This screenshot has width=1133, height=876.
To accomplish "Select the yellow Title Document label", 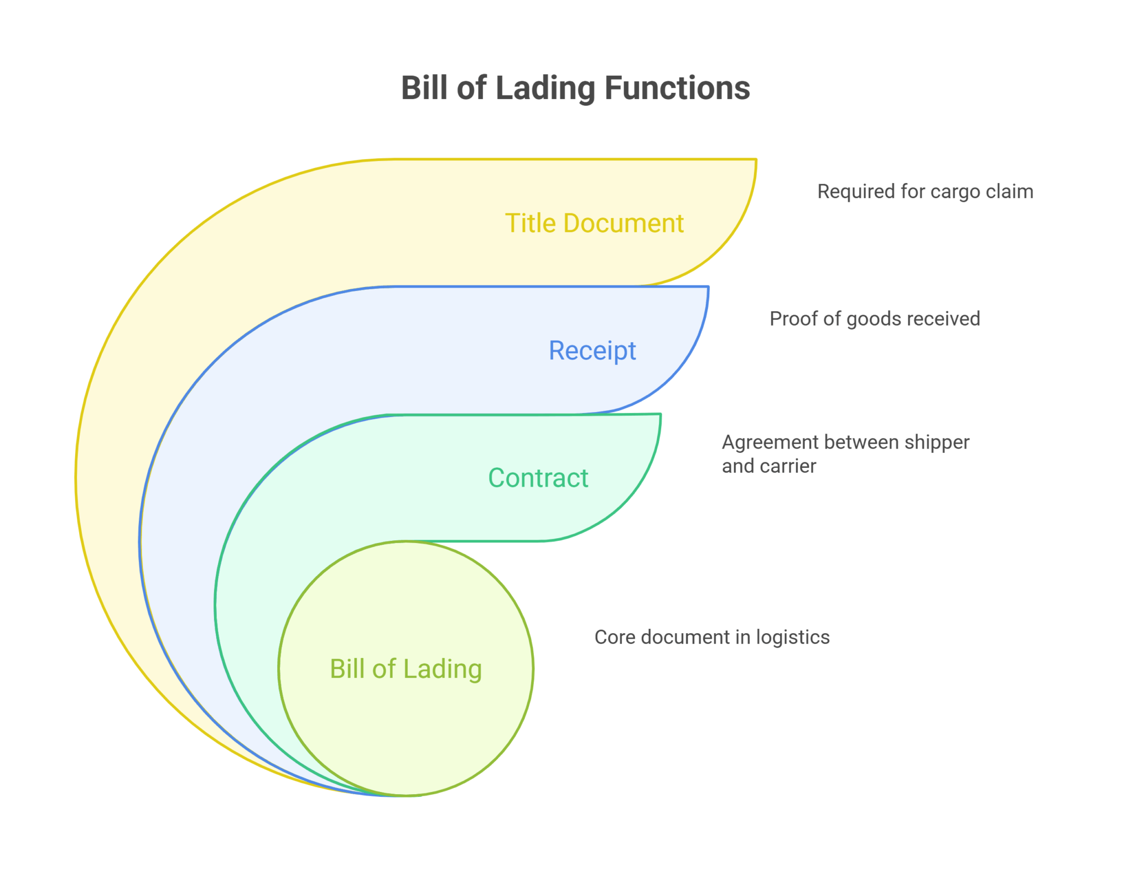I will point(594,223).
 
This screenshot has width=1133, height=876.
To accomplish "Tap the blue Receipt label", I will point(592,351).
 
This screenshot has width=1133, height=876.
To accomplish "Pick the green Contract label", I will point(538,478).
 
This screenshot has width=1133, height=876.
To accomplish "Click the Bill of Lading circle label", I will point(406,669).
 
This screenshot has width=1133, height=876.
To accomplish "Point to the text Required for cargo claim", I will point(925,191).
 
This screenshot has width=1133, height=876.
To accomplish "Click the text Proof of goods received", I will point(874,319).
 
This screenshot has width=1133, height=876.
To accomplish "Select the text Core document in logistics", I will point(711,637).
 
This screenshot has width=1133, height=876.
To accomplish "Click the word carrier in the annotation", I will point(791,466).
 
